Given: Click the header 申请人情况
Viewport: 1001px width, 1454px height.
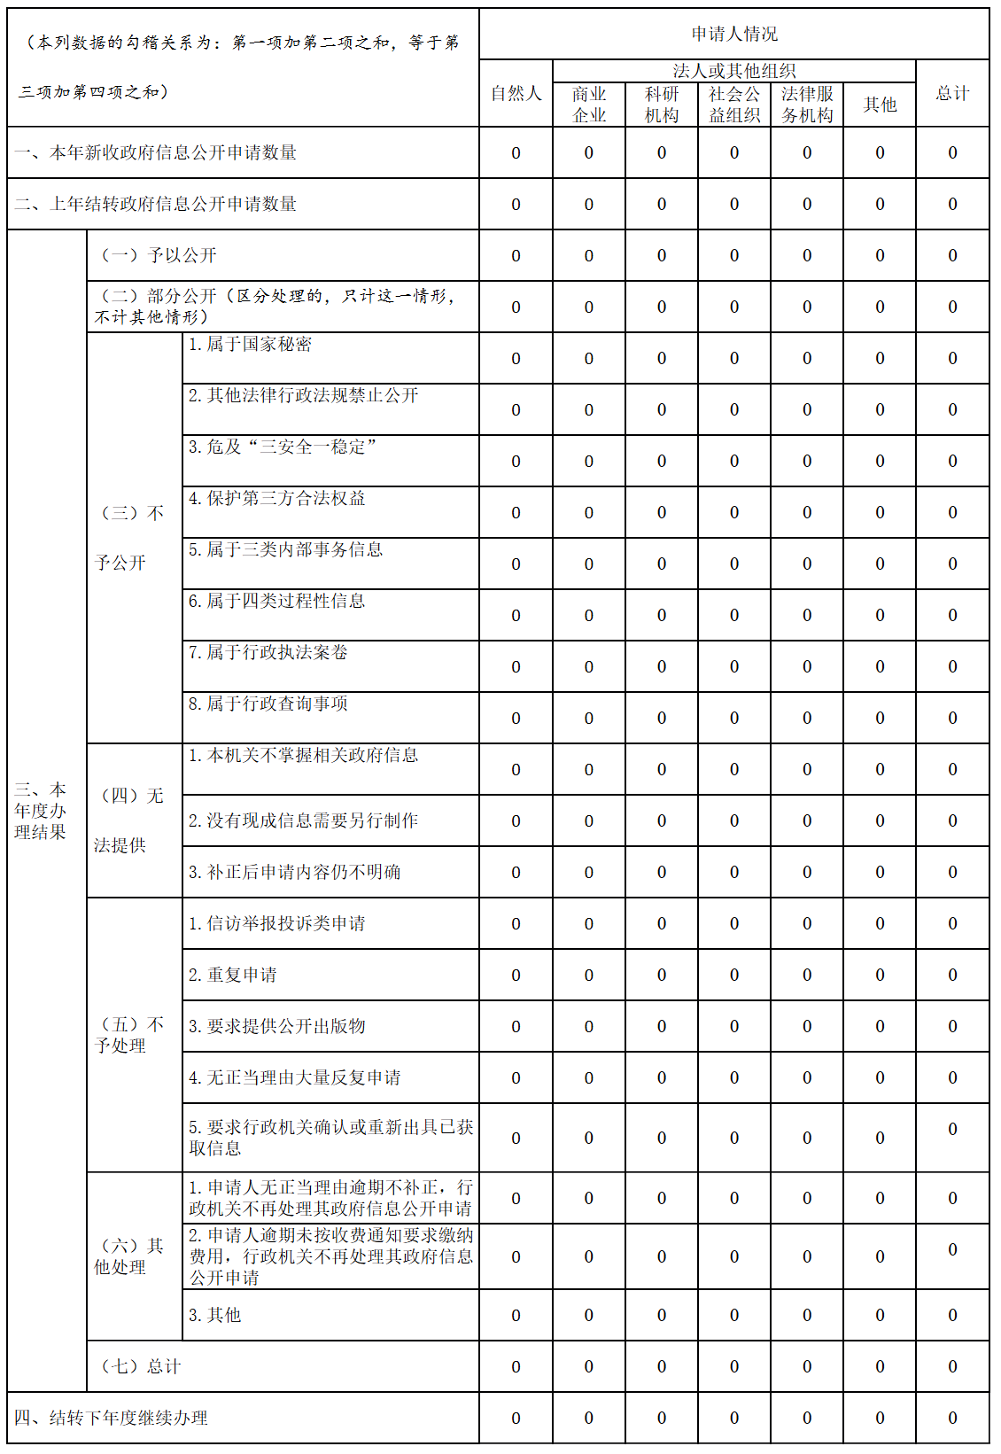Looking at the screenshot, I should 733,35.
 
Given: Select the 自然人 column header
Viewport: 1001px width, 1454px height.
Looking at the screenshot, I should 516,93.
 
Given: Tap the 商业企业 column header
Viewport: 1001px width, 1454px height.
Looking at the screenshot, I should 588,105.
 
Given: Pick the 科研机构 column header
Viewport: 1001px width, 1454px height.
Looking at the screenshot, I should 661,105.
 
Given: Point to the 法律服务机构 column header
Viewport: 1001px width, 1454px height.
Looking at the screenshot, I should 806,105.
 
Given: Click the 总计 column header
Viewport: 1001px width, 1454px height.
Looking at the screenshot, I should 952,93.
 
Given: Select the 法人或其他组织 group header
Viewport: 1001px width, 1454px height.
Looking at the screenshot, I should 733,71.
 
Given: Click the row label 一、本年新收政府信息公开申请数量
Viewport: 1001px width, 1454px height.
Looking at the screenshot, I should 156,152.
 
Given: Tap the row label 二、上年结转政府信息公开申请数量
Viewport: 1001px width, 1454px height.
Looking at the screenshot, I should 156,204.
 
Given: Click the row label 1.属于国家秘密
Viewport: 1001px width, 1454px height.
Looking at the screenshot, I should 250,345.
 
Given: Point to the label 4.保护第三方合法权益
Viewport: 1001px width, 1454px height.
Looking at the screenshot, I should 276,499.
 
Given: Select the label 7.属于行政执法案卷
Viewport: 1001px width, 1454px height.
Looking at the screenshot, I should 268,653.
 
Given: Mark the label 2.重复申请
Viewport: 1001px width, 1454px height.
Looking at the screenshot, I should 232,975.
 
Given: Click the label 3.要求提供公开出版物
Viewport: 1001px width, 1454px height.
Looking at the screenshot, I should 276,1026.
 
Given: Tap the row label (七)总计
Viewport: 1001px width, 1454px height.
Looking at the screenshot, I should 142,1366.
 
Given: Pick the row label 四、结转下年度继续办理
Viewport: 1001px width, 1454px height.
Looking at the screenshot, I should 112,1418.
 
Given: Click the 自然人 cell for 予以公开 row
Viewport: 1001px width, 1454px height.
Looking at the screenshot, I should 516,256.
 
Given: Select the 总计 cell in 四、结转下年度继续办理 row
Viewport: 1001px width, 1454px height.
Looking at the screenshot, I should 952,1419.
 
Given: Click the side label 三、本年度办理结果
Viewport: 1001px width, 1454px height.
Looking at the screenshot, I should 41,811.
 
